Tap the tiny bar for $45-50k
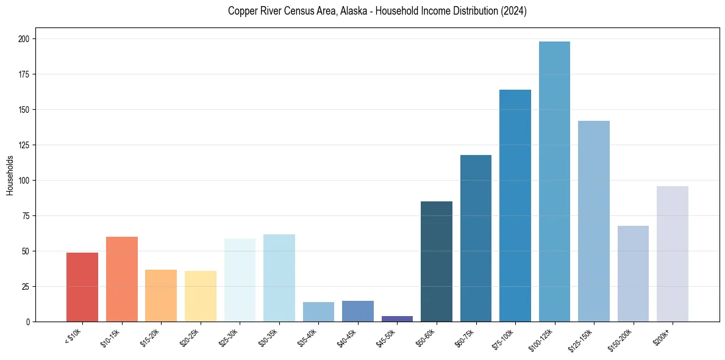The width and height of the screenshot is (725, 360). point(397,319)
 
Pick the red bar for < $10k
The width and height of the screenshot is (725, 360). point(82,287)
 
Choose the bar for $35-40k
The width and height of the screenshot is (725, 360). point(318,312)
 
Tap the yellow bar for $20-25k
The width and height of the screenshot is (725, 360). point(201,296)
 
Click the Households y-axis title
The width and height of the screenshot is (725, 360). point(10,175)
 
